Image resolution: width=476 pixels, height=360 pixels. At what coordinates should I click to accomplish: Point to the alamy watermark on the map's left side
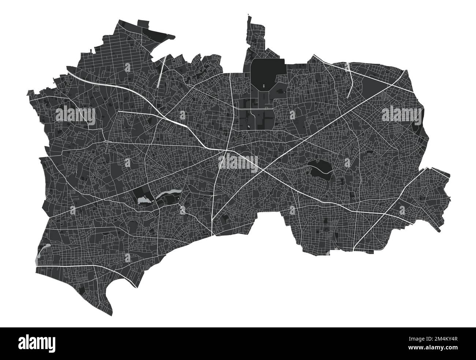click(x=75, y=115)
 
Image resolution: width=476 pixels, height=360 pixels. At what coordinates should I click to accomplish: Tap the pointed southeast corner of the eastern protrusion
click(x=439, y=231)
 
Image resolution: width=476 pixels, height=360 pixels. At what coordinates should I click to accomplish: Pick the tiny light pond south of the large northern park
click(x=248, y=127)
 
